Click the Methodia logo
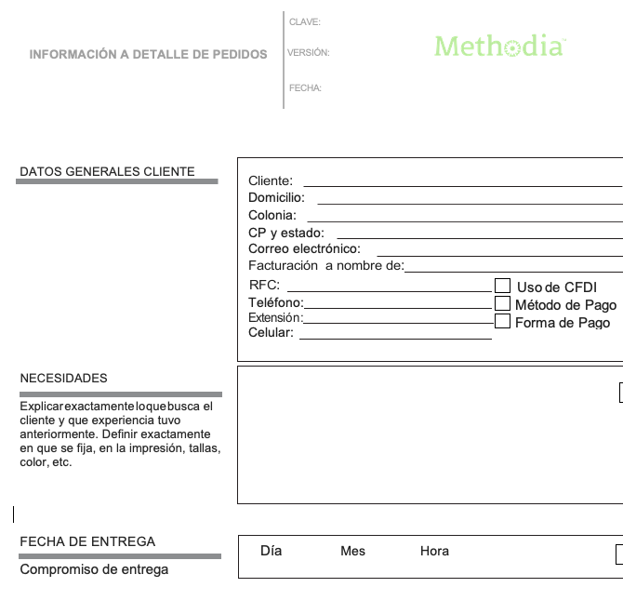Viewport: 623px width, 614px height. [x=499, y=46]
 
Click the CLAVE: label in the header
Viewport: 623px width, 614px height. [x=305, y=21]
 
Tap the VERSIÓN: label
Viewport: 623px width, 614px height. [x=309, y=53]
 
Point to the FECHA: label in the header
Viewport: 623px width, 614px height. [x=305, y=88]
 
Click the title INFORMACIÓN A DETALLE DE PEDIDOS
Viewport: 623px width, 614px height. [x=148, y=55]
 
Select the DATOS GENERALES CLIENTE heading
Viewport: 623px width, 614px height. [x=107, y=171]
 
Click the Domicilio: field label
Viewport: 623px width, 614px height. [x=276, y=198]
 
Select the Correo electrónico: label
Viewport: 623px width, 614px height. [x=304, y=249]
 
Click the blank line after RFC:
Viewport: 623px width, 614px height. [x=388, y=289]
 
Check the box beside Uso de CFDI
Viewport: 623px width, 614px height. [x=503, y=286]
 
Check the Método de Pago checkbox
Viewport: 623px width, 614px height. [x=503, y=303]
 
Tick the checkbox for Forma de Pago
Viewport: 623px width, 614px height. [x=503, y=322]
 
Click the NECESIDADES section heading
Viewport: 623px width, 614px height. [x=63, y=379]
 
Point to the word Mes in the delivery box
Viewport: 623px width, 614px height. [x=353, y=551]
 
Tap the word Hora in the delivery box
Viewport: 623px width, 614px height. [x=434, y=551]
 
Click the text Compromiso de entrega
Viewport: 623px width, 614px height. [x=94, y=569]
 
